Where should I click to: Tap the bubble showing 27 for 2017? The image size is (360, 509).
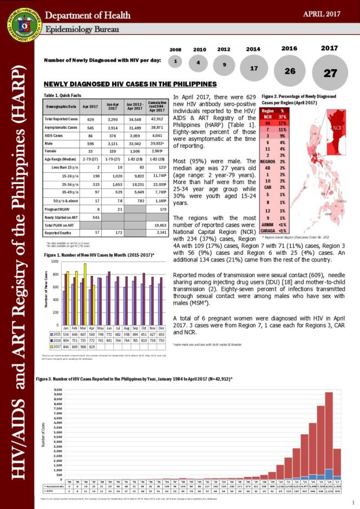pos(330,73)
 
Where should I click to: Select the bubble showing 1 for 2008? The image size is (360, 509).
pos(175,62)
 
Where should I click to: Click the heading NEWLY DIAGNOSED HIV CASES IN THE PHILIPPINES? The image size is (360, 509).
pos(130,84)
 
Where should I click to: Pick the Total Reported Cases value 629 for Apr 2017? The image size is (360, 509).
pos(90,119)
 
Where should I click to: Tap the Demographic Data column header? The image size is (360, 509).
pos(60,107)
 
